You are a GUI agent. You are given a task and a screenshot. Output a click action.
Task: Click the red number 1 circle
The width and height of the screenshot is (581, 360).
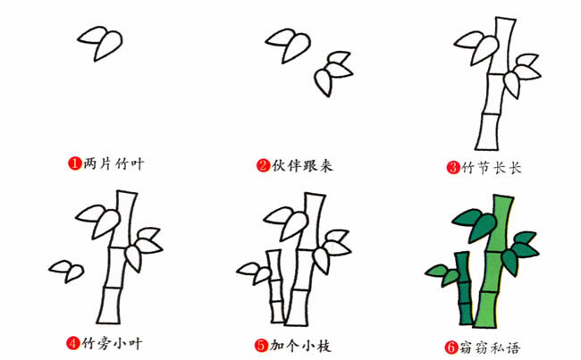coord(75,163)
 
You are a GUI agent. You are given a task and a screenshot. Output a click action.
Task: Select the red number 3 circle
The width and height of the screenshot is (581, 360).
coord(454,166)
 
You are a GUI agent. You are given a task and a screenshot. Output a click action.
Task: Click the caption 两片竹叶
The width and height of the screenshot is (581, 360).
coord(113,163)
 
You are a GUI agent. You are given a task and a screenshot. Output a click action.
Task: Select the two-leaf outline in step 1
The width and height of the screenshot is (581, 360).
coord(102,41)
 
